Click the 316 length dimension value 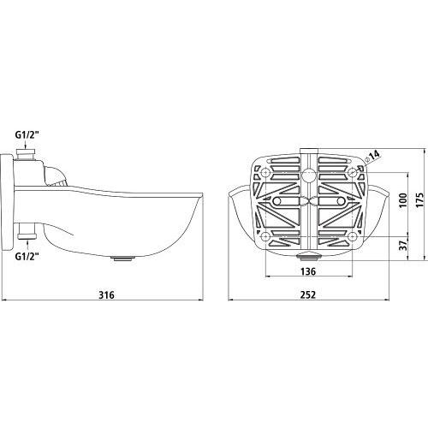(106, 294)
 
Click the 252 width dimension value (308, 294)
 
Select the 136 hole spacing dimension (308, 271)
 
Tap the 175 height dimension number (419, 200)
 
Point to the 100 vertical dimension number (403, 200)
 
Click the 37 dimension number (403, 246)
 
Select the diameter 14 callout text (372, 156)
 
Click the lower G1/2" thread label (27, 256)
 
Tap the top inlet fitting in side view (26, 154)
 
